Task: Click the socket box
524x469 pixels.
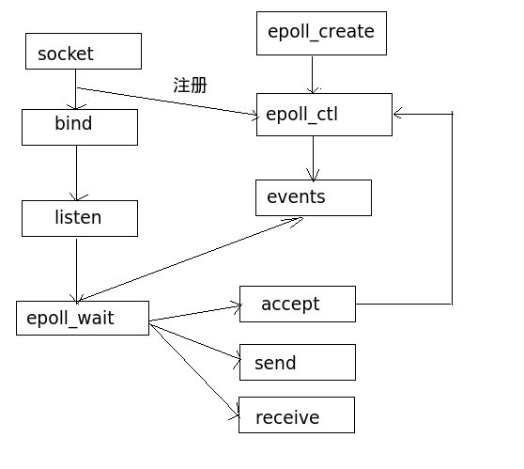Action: pos(84,51)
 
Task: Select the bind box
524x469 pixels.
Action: pos(80,127)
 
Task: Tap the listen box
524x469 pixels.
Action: pos(80,218)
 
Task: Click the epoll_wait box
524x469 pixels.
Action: pos(83,318)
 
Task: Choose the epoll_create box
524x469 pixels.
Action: pos(321,33)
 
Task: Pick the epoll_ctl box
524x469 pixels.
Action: pos(324,115)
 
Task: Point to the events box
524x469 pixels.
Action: pos(314,197)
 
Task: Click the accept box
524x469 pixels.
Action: pos(298,305)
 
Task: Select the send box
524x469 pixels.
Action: pos(298,362)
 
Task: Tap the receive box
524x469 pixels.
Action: pos(297,414)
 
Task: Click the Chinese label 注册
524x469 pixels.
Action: pos(190,85)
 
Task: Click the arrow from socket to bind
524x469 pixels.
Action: pos(76,89)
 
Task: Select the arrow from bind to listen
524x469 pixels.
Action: pos(76,173)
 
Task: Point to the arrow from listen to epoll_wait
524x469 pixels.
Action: pos(76,271)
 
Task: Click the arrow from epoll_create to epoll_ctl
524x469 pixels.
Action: pos(313,75)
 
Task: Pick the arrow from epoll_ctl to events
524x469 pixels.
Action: pos(313,159)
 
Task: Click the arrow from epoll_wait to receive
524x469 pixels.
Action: pos(194,370)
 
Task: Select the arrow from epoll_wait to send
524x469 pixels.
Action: pos(195,341)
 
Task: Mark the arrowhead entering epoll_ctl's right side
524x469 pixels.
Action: pos(397,114)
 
